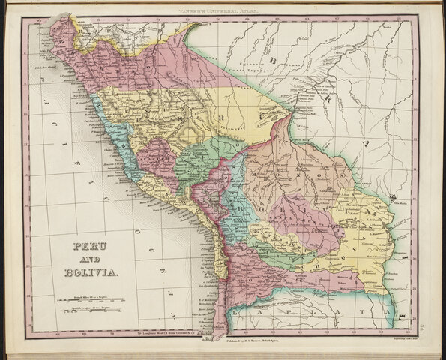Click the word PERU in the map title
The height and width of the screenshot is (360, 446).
pyautogui.click(x=88, y=246)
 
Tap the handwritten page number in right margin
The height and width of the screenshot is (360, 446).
pyautogui.click(x=439, y=300)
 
